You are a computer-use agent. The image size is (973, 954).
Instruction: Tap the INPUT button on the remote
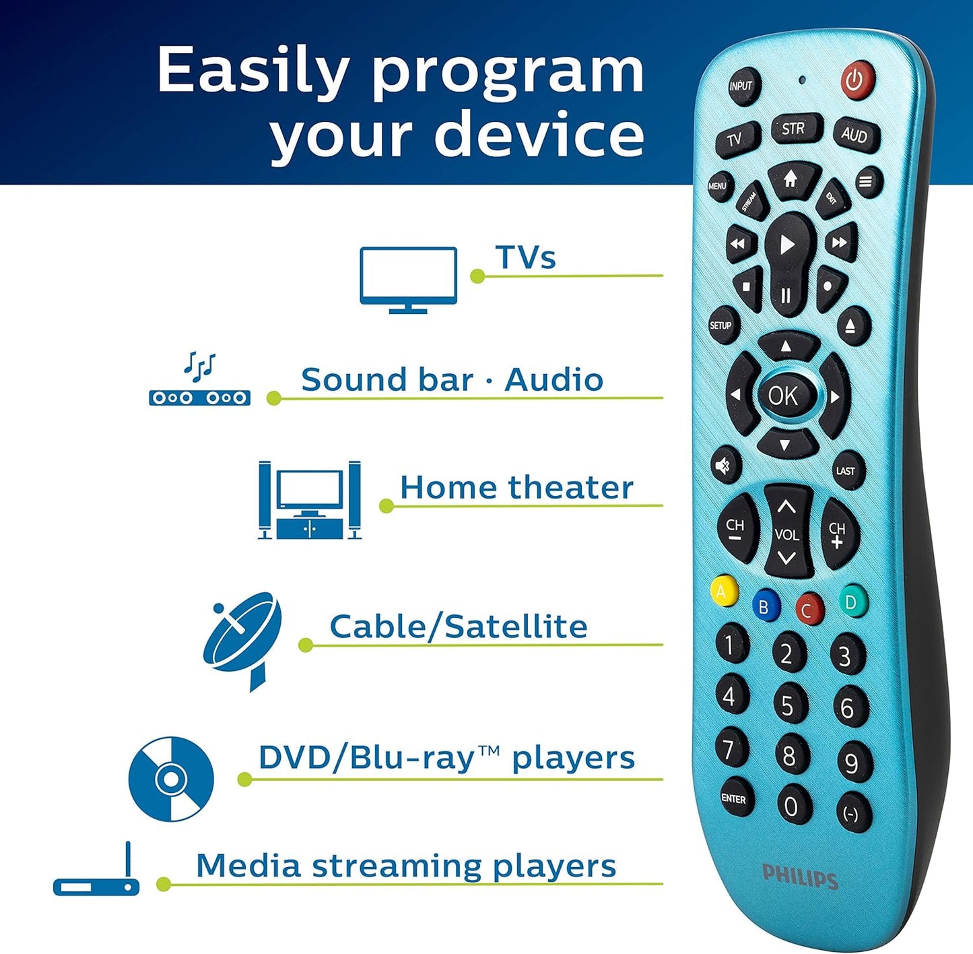(741, 86)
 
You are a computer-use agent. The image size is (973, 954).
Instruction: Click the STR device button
(793, 128)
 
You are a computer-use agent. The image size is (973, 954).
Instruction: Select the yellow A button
(723, 592)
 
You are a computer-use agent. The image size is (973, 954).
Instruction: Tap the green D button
(852, 601)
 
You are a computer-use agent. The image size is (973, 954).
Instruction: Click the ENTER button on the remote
(733, 798)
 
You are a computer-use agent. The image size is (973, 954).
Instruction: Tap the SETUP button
(720, 325)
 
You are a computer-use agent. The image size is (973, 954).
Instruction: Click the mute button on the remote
(724, 465)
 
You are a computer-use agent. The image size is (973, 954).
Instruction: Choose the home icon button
(791, 179)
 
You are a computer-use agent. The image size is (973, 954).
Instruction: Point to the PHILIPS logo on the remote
(800, 876)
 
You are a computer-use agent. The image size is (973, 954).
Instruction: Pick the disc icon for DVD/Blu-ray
(171, 779)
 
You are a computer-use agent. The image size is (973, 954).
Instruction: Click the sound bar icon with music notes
(200, 380)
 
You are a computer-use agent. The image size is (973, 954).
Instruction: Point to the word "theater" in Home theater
(571, 487)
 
